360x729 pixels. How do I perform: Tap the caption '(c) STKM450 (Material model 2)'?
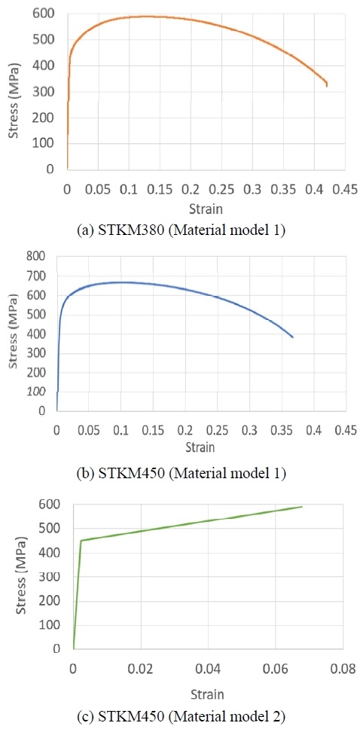click(x=181, y=715)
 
